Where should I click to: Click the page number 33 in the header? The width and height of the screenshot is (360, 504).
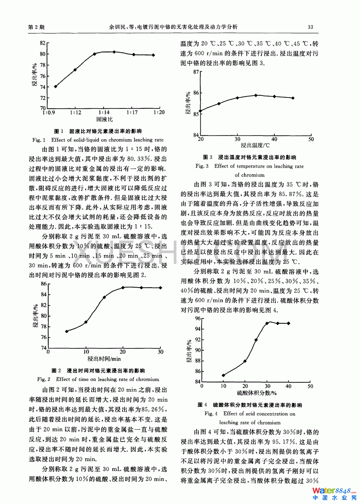pyautogui.click(x=310, y=27)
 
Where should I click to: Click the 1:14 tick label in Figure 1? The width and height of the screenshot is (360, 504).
pyautogui.click(x=104, y=112)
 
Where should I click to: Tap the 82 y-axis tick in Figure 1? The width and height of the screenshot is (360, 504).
pyautogui.click(x=43, y=43)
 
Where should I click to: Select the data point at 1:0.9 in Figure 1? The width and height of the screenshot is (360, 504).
pyautogui.click(x=56, y=86)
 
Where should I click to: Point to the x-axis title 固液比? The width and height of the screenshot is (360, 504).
pyautogui.click(x=104, y=120)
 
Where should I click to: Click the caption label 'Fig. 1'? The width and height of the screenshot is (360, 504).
pyautogui.click(x=39, y=140)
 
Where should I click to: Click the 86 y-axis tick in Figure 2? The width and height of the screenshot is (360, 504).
pyautogui.click(x=44, y=284)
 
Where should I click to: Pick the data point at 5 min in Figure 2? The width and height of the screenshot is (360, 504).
pyautogui.click(x=67, y=331)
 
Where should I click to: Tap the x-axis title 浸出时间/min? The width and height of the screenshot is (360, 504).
pyautogui.click(x=104, y=359)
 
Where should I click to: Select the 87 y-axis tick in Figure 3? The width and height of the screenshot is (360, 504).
pyautogui.click(x=196, y=72)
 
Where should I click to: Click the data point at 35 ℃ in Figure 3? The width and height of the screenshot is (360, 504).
pyautogui.click(x=256, y=95)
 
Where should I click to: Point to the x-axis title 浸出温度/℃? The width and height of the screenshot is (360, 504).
pyautogui.click(x=256, y=145)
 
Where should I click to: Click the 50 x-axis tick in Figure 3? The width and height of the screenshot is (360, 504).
pyautogui.click(x=311, y=140)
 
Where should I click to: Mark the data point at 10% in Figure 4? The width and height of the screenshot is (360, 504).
pyautogui.click(x=223, y=375)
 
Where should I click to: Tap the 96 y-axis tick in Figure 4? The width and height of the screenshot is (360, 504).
pyautogui.click(x=197, y=318)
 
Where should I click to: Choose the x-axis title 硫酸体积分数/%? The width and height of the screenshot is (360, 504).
pyautogui.click(x=257, y=393)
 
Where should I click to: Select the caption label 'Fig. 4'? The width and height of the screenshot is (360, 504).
pyautogui.click(x=211, y=414)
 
